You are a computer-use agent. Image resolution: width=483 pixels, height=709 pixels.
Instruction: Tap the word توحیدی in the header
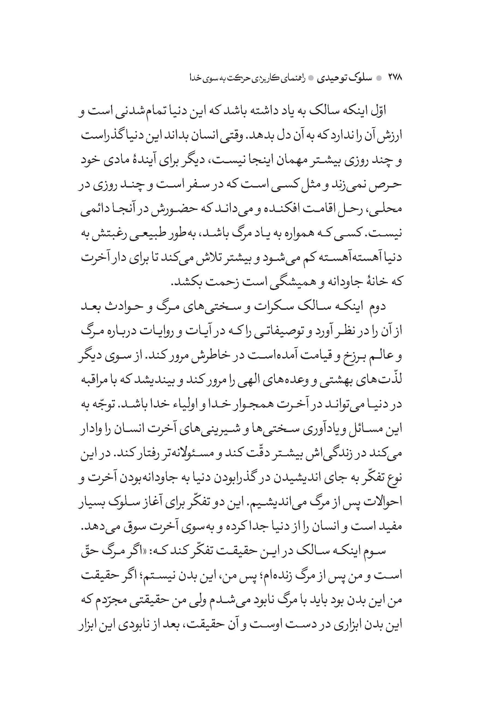pos(333,78)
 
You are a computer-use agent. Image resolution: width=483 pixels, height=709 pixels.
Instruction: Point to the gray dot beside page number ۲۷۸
pos(379,78)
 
